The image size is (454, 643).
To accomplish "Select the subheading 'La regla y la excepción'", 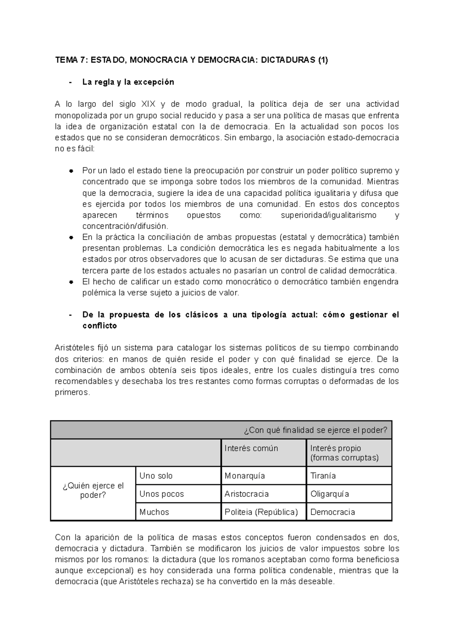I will (x=128, y=82).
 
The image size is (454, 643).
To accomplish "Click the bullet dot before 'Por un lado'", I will (x=71, y=171).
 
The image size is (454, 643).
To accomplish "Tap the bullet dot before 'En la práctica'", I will (x=71, y=237).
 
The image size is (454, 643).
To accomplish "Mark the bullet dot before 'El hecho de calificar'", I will (x=71, y=282).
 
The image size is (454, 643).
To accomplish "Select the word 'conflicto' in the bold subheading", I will (x=100, y=326).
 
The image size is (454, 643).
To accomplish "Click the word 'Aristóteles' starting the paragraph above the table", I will (x=75, y=348).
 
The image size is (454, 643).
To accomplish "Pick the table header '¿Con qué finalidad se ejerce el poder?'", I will (x=316, y=430).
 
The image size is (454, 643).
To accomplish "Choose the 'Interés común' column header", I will (x=251, y=448).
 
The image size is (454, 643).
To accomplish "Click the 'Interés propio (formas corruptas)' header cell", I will (x=344, y=453).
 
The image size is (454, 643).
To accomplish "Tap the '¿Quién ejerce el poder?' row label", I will (x=93, y=490).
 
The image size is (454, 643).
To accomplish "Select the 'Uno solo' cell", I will (x=156, y=476).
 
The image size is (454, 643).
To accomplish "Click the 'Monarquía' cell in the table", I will (x=245, y=476).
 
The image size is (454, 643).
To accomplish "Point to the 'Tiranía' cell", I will (x=323, y=476).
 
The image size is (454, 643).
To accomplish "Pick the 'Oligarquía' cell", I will (x=330, y=494).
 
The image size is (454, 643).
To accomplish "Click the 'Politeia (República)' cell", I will (x=261, y=512).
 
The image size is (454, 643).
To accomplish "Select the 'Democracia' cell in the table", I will (x=333, y=512).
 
